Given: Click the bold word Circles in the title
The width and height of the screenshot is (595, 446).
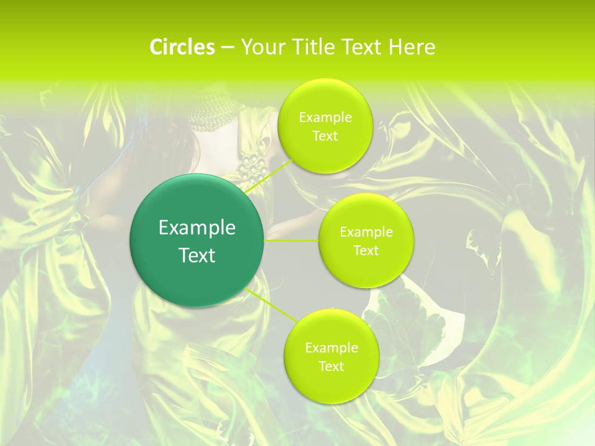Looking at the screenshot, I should pyautogui.click(x=182, y=47).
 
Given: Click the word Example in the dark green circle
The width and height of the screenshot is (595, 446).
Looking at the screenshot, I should pyautogui.click(x=197, y=228).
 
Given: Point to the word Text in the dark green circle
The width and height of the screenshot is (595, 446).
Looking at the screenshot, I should pyautogui.click(x=197, y=255).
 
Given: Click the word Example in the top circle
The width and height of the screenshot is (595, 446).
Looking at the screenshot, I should pyautogui.click(x=325, y=118).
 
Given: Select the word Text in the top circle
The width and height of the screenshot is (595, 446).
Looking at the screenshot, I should pyautogui.click(x=325, y=136).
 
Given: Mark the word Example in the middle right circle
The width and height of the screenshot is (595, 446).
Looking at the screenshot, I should pyautogui.click(x=366, y=232).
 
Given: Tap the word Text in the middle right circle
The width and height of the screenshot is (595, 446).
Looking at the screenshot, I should pyautogui.click(x=366, y=251).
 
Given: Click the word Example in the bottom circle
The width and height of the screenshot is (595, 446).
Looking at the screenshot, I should pyautogui.click(x=331, y=348).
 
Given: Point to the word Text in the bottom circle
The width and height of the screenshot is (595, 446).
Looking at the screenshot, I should pyautogui.click(x=331, y=367).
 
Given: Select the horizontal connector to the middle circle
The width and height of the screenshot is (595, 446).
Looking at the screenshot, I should pyautogui.click(x=291, y=240).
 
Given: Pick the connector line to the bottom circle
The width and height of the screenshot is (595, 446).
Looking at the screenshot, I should pyautogui.click(x=270, y=305).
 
